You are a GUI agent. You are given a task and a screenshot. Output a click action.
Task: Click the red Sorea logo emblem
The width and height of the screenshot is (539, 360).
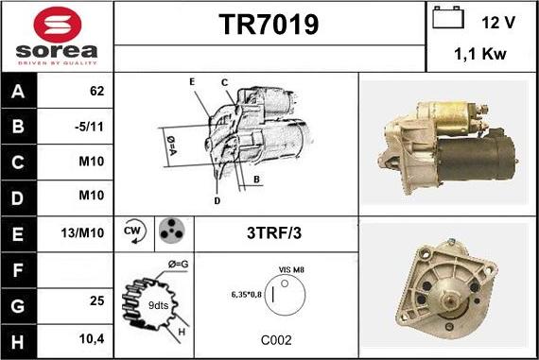tap(58, 25)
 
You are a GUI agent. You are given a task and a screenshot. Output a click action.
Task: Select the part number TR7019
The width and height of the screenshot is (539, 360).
tap(269, 25)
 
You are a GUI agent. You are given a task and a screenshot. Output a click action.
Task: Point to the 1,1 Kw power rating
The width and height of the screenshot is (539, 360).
tap(480, 54)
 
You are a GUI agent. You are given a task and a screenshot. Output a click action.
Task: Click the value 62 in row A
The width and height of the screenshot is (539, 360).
tap(96, 91)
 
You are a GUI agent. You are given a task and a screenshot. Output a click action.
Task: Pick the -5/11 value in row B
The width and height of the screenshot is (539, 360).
tap(89, 127)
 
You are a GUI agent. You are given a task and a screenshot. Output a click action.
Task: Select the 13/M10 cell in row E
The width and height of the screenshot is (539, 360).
tap(82, 232)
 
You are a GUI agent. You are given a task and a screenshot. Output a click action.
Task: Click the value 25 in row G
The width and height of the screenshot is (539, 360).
tap(97, 300)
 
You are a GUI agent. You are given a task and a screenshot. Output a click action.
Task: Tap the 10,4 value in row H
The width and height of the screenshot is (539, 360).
tap(92, 339)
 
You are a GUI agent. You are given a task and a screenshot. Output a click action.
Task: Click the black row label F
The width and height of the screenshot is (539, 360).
tap(18, 270)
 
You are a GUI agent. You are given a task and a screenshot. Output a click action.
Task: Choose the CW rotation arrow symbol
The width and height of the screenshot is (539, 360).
tap(134, 231)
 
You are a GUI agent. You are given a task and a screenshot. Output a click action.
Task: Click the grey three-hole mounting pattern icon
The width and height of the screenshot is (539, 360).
tap(172, 231)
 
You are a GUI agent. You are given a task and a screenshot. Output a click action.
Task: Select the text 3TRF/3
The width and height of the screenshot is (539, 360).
tap(274, 232)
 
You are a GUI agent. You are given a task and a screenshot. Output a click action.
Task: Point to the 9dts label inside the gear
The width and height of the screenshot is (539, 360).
tap(159, 305)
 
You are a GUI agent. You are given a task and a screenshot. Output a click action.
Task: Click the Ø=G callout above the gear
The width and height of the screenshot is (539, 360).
tap(178, 265)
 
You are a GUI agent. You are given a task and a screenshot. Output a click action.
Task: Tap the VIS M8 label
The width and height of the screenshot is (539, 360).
tap(291, 269)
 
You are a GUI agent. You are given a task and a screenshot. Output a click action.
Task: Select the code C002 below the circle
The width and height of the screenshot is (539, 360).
tap(276, 340)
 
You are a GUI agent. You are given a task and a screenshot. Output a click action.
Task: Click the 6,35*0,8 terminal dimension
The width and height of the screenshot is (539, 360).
tap(247, 295)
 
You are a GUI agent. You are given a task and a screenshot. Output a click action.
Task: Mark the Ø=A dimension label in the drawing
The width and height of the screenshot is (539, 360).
tap(171, 146)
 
